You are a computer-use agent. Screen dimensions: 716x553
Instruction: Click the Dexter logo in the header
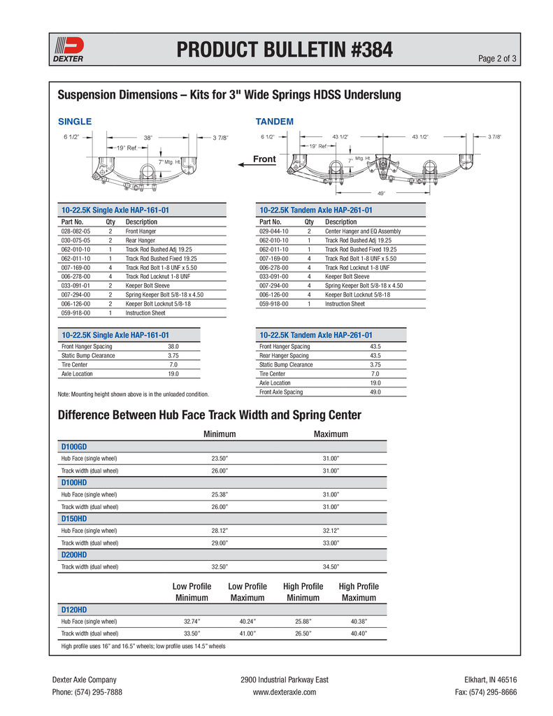[x=69, y=50]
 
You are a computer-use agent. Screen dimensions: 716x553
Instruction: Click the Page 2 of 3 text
[x=497, y=58]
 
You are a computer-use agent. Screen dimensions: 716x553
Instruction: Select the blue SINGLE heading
[x=74, y=122]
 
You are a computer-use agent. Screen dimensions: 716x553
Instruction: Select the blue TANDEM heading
[x=275, y=122]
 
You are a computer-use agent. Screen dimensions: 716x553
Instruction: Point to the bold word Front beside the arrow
[x=264, y=159]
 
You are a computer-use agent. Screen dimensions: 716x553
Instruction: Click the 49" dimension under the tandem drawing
[x=382, y=193]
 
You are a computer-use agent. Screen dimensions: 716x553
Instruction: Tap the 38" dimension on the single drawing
[x=148, y=138]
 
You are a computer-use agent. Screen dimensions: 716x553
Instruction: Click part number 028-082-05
[x=76, y=231]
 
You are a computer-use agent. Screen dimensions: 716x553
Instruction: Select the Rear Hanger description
[x=141, y=240]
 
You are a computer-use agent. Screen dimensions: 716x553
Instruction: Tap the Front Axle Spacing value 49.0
[x=375, y=392]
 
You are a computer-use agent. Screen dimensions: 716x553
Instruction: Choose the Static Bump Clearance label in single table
[x=88, y=355]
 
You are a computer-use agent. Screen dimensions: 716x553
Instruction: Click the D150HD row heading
[x=74, y=519]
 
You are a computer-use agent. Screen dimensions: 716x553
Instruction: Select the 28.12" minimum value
[x=220, y=531]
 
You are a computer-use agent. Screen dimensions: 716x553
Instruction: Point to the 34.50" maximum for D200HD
[x=331, y=567]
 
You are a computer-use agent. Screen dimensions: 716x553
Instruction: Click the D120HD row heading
[x=74, y=610]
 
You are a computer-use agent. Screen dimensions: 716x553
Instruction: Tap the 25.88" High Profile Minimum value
[x=303, y=621]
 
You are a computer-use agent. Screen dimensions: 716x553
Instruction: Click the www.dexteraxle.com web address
[x=284, y=692]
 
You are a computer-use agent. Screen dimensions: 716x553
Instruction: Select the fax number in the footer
[x=485, y=692]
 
